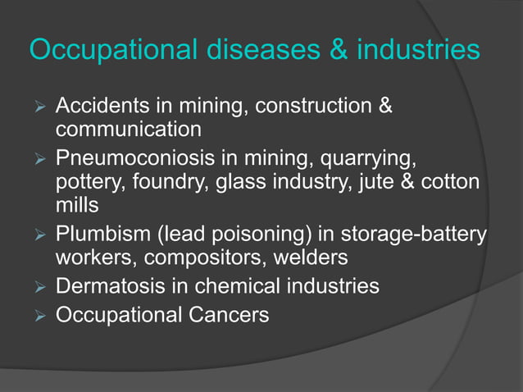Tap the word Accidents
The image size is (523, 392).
point(102,106)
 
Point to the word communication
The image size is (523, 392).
point(128,130)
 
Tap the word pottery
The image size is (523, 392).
point(87,180)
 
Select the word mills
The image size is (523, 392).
point(76,205)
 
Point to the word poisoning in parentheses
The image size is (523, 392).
point(257,233)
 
